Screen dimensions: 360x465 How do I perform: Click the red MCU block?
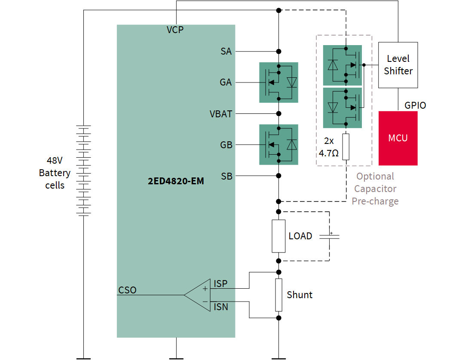[398, 138]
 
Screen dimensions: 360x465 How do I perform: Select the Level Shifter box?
[398, 65]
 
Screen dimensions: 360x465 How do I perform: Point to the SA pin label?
[226, 52]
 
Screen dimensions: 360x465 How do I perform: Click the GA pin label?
[226, 82]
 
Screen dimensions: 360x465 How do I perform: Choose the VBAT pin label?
[221, 114]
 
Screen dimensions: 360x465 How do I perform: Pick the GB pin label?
[226, 145]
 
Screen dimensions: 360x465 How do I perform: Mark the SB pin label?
[226, 176]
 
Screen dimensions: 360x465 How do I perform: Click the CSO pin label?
[127, 290]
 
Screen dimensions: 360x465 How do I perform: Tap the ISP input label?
[220, 284]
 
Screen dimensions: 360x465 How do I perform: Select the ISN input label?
[221, 307]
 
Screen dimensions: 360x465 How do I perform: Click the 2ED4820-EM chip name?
[176, 181]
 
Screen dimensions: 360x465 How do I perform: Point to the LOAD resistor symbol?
[278, 236]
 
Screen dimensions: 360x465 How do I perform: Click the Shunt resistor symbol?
[278, 295]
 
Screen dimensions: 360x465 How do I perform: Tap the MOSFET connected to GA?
[278, 82]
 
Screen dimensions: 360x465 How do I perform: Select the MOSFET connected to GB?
[278, 145]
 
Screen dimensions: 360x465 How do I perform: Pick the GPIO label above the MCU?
[415, 105]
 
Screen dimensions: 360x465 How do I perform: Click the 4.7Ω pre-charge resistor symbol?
[346, 147]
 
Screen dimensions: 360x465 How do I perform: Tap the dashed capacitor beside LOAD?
[329, 236]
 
